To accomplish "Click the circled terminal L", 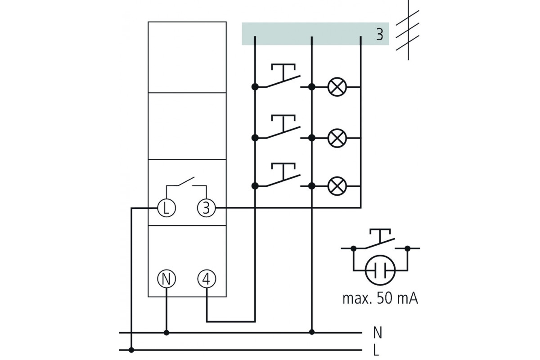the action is coord(166,208).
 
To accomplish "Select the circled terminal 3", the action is coord(207,208).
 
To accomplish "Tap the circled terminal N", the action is coord(166,279).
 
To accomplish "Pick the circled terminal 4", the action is coord(207,279).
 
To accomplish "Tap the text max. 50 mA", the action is coord(380,298).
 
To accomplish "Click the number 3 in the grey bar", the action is coord(380,34).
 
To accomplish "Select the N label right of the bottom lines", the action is coord(378,333).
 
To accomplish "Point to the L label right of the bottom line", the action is coord(376,350).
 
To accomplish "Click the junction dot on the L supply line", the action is coord(131,350).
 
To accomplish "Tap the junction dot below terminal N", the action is coord(166,333).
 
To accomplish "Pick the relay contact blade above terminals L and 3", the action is coord(186,181).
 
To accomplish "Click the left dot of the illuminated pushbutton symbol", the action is coord(353,248).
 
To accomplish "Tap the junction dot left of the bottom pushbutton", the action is coord(255,186).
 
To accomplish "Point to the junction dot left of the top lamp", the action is coord(312,87).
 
